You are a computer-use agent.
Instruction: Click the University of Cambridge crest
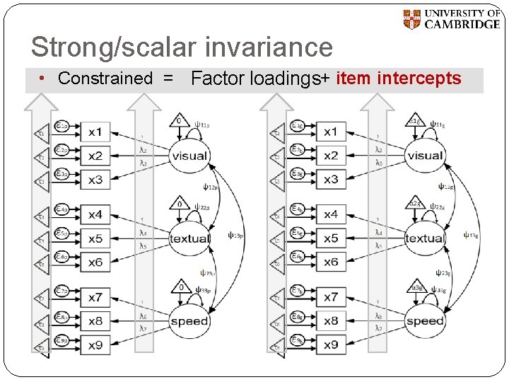[411, 19]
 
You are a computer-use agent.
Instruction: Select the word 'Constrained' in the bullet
[105, 79]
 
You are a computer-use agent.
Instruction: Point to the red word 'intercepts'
[419, 78]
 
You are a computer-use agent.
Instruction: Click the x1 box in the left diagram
[95, 132]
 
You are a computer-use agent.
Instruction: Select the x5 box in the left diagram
[95, 238]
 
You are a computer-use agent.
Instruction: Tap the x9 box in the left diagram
[95, 345]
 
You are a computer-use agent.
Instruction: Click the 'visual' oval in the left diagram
[189, 156]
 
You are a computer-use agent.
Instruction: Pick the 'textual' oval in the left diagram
[189, 238]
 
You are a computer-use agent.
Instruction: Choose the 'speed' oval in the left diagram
[189, 321]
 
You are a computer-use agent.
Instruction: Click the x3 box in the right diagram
[331, 179]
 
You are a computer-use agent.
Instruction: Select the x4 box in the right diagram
[331, 214]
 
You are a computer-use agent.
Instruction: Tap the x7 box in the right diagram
[331, 297]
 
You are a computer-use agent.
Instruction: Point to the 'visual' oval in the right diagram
[424, 156]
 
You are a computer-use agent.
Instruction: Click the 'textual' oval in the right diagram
[424, 238]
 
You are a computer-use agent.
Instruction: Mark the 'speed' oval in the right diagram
[424, 321]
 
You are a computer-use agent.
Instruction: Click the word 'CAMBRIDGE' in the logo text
[462, 24]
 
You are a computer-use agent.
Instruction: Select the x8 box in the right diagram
[331, 321]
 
